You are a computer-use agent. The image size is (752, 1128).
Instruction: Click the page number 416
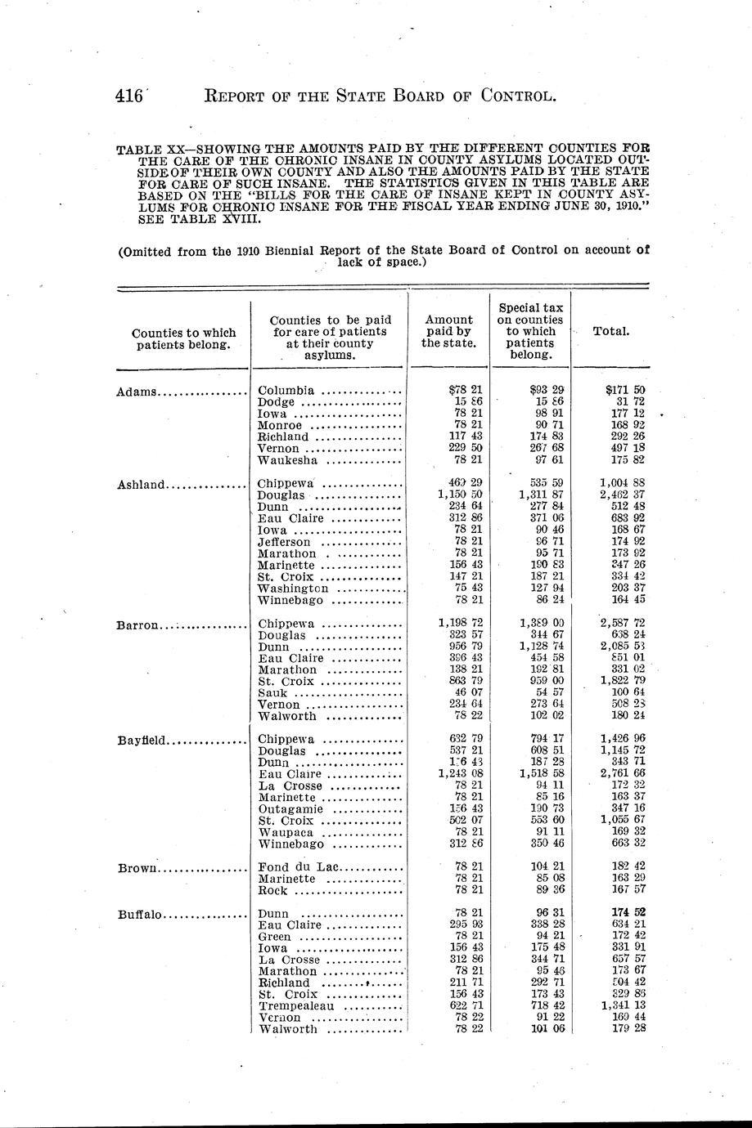(x=128, y=96)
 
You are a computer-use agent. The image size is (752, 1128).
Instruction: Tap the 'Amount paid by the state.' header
(x=449, y=331)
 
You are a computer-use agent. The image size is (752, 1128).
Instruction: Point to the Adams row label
(x=137, y=392)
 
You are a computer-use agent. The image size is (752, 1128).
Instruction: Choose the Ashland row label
(x=142, y=484)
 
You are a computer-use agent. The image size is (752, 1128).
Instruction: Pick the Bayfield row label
(x=142, y=741)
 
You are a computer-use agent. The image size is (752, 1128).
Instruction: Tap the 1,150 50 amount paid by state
(x=460, y=495)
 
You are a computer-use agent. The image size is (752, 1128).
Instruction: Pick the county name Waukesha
(x=286, y=460)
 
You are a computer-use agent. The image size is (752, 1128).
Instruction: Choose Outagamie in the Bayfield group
(x=290, y=809)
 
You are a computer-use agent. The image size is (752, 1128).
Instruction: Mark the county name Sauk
(x=272, y=694)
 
